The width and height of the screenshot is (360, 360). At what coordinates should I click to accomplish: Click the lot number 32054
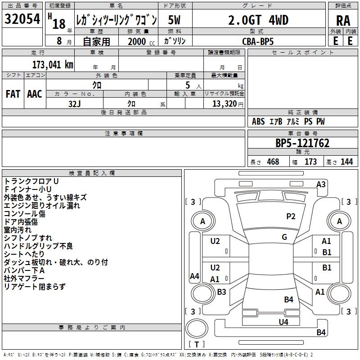(x=22, y=19)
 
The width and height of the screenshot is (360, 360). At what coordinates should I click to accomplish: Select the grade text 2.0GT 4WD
(x=258, y=20)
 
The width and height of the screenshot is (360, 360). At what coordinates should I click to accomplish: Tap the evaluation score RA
(x=343, y=21)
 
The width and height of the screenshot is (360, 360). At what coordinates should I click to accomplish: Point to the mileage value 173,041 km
(x=53, y=64)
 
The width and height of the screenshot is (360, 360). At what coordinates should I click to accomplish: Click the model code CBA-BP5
(x=258, y=41)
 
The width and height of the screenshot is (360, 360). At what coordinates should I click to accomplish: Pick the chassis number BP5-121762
(x=302, y=143)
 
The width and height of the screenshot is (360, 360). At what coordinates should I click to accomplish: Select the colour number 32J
(x=74, y=104)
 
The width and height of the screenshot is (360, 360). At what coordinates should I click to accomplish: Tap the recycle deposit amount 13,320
(x=224, y=103)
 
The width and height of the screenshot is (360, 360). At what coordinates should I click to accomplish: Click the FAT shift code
(x=13, y=94)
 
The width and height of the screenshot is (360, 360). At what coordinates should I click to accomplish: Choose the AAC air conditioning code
(x=35, y=94)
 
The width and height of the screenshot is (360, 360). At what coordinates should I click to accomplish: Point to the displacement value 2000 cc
(x=141, y=41)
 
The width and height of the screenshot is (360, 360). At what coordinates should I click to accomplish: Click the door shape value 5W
(x=174, y=20)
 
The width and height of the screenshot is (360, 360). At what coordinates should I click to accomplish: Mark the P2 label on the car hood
(x=291, y=216)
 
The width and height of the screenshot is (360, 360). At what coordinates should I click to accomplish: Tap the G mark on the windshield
(x=284, y=237)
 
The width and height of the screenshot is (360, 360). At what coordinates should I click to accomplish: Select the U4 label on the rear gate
(x=283, y=322)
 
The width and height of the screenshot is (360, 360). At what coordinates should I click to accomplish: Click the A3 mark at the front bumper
(x=321, y=184)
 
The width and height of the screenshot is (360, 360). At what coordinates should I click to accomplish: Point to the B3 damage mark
(x=221, y=292)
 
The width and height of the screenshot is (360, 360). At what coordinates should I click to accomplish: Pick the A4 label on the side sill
(x=194, y=276)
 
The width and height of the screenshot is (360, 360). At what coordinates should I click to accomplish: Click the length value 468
(x=273, y=162)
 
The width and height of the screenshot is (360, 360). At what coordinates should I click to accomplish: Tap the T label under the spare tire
(x=197, y=344)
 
